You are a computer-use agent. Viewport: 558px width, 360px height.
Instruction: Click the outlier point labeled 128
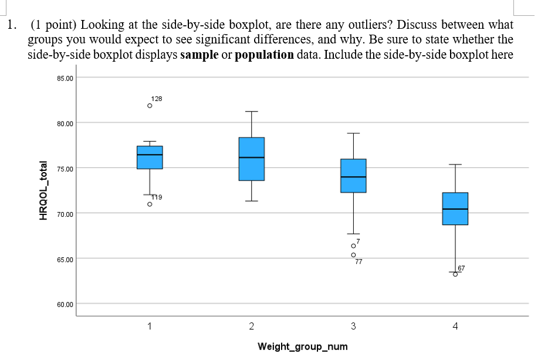coord(150,106)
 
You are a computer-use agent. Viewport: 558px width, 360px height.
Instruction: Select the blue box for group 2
coord(251,159)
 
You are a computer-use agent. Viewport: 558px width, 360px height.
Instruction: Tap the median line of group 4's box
coord(455,209)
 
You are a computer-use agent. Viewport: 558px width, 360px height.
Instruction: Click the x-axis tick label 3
coord(353,326)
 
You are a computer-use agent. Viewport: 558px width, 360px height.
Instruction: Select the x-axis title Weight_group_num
coord(302,346)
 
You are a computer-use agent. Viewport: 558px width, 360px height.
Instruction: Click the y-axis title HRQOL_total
coord(42,190)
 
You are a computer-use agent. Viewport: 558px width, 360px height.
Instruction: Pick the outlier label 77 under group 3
coord(359,262)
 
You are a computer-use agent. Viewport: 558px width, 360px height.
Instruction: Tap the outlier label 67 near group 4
coord(461,268)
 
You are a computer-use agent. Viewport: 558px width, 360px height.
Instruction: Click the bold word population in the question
coord(263,55)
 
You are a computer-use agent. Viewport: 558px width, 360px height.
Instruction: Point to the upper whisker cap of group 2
coord(251,112)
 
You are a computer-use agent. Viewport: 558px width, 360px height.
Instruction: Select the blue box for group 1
coord(150,157)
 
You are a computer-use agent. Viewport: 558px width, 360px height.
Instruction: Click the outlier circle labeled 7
coord(353,245)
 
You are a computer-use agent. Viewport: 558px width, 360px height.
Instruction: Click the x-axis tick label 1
coord(150,326)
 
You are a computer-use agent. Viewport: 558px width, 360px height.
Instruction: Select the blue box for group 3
coord(353,176)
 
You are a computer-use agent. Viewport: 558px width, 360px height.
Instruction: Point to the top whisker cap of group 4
coord(455,164)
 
